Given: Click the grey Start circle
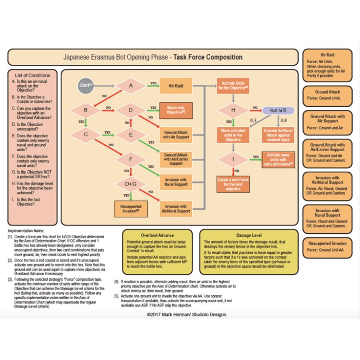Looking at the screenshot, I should click(85, 85).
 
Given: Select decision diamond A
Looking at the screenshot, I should click(131, 85).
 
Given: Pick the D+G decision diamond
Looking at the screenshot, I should click(131, 183).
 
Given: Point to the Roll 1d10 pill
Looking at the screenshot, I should click(278, 110).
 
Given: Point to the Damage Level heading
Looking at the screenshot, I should click(249, 235).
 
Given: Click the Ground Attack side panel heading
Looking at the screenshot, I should click(327, 92).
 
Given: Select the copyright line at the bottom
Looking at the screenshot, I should click(180, 314).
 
